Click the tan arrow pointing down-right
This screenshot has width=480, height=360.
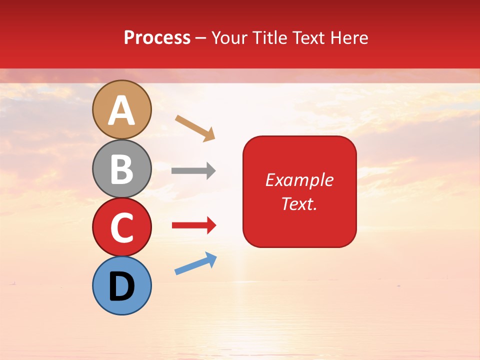[x=195, y=128]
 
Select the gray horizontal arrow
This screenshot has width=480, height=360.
[x=193, y=171]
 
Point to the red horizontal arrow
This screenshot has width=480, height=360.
[x=194, y=226]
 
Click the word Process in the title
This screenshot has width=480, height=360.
[x=157, y=38]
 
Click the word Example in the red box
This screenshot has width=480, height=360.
[x=299, y=180]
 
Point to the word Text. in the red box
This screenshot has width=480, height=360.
[x=299, y=203]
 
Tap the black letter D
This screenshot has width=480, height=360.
[x=122, y=287]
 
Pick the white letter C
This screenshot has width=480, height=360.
[x=122, y=228]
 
